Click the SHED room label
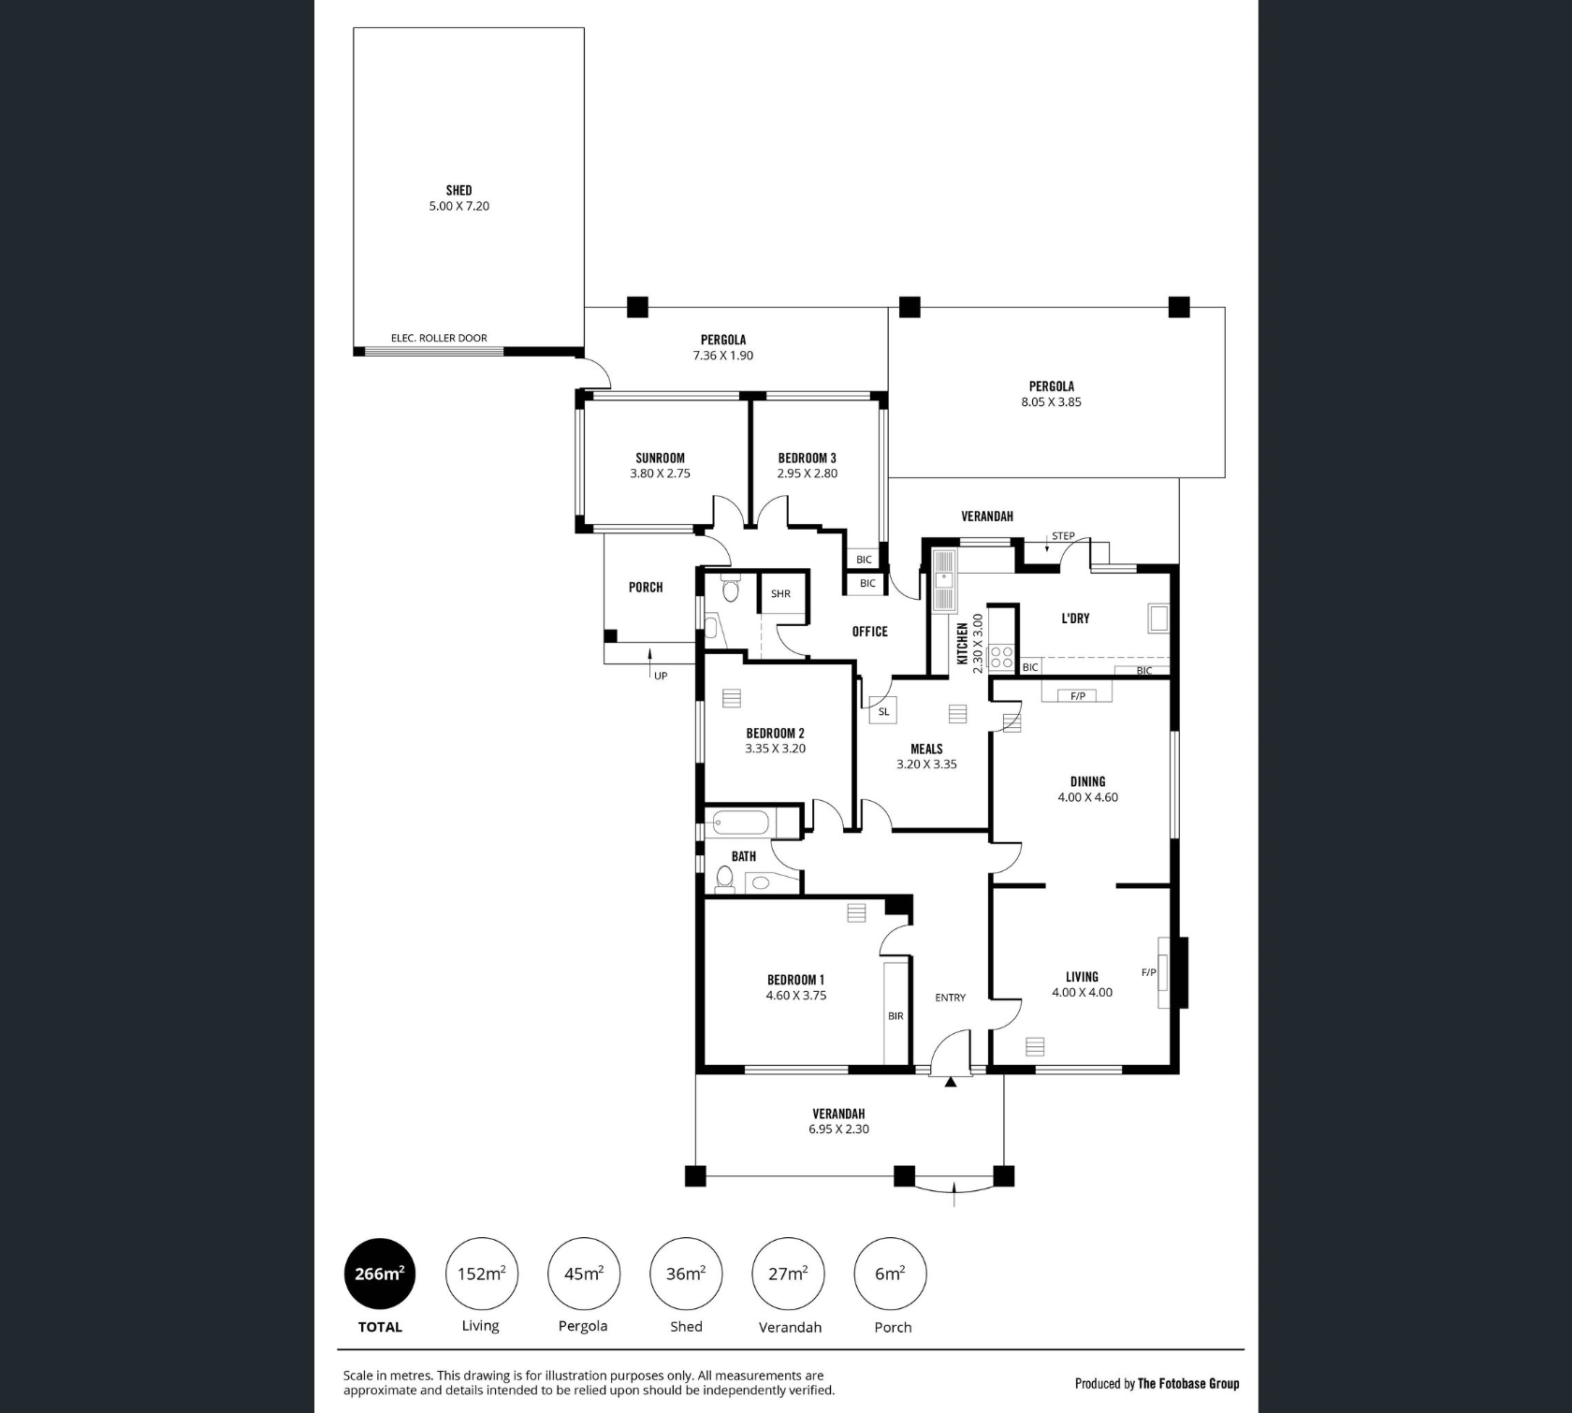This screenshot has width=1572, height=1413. click(458, 190)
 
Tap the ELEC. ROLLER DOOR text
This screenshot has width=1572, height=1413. click(439, 338)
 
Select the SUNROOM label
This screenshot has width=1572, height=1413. click(660, 458)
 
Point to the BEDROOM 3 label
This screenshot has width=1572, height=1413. click(807, 458)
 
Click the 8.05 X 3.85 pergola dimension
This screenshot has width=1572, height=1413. click(1051, 401)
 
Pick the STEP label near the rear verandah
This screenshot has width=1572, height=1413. click(1063, 536)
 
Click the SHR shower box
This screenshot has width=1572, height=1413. click(781, 593)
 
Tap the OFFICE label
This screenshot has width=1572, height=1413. click(869, 632)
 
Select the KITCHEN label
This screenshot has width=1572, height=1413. click(962, 644)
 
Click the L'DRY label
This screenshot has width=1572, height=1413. click(1075, 619)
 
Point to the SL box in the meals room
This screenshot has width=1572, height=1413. click(883, 712)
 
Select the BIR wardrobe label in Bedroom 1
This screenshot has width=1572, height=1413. click(895, 1015)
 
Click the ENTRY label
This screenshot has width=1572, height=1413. click(950, 998)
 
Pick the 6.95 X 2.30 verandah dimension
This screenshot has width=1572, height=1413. click(838, 1129)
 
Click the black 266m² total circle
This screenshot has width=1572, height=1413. click(380, 1274)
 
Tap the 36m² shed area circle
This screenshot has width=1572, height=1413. click(686, 1274)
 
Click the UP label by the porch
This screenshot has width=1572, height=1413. click(661, 676)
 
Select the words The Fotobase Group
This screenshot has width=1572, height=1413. click(1188, 1383)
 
